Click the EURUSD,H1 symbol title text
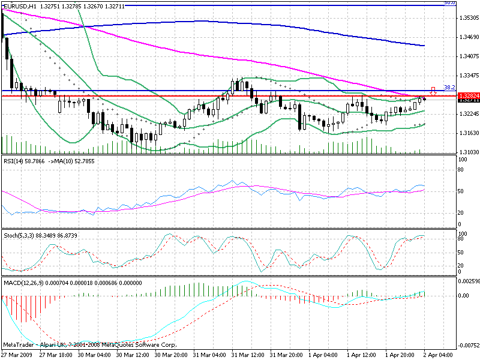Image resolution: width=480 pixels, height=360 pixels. [x=20, y=4]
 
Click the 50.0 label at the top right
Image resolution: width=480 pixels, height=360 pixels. [x=447, y=2]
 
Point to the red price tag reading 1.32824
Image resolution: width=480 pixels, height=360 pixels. [x=466, y=96]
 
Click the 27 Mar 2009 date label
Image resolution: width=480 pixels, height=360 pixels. [x=17, y=355]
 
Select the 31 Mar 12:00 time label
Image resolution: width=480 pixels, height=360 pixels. [x=247, y=355]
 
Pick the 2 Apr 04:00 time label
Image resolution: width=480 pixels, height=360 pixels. [x=436, y=355]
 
